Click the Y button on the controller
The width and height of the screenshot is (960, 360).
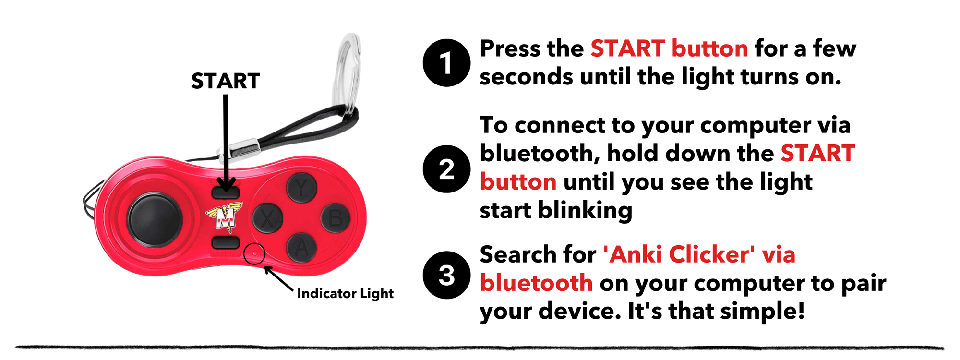click(x=301, y=188)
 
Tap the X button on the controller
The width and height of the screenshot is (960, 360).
click(x=267, y=218)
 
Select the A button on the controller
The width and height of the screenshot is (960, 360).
click(x=301, y=248)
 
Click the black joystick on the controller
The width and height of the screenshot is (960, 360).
click(x=154, y=219)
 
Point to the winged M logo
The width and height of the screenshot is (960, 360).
click(x=224, y=216)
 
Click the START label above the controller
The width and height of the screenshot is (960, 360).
click(x=225, y=81)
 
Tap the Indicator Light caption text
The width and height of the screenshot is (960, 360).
click(x=345, y=293)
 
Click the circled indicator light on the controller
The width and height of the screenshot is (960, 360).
click(x=254, y=253)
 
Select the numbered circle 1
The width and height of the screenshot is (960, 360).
click(x=446, y=63)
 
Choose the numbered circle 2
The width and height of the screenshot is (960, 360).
click(x=446, y=169)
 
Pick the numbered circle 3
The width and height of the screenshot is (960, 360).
click(x=446, y=276)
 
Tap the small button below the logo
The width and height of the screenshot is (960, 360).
click(x=225, y=242)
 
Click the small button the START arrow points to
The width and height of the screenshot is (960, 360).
click(x=225, y=193)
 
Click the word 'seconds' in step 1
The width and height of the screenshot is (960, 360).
click(x=526, y=77)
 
